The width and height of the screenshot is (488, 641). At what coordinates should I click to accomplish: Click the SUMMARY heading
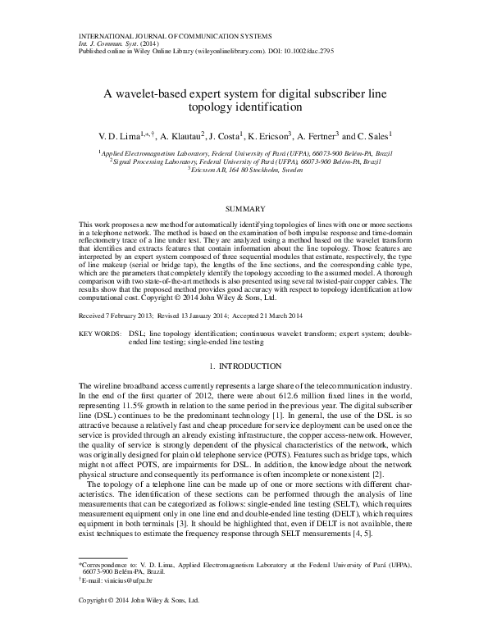[x=244, y=209]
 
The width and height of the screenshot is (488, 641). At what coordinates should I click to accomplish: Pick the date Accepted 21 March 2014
[x=280, y=316]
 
